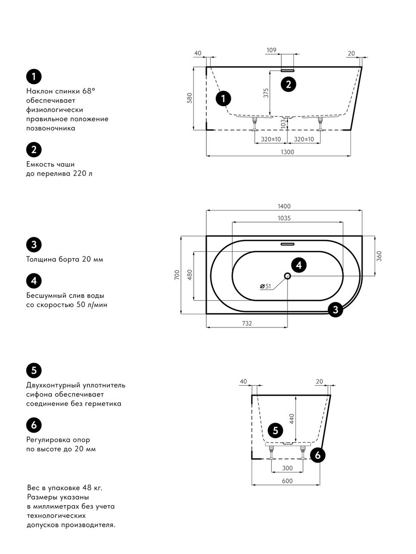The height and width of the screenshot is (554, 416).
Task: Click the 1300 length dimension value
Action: (x=287, y=152)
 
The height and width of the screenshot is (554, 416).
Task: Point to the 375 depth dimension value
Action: (x=266, y=93)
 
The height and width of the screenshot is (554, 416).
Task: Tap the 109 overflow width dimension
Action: (x=271, y=50)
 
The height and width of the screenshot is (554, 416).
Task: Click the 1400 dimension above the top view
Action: (x=284, y=206)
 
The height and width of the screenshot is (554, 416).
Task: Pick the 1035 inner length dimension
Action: (x=284, y=219)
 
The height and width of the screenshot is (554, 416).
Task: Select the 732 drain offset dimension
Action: (x=247, y=323)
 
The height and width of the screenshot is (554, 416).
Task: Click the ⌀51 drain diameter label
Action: (x=265, y=286)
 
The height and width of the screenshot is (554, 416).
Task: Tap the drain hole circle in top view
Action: (x=287, y=276)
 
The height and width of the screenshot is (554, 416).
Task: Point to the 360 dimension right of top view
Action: (x=379, y=255)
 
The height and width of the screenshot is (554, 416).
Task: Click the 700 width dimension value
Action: (x=177, y=274)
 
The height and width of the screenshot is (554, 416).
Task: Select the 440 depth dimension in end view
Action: (x=292, y=419)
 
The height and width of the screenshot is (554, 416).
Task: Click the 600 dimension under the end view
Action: (x=287, y=481)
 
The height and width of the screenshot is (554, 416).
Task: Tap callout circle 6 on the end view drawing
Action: (x=317, y=455)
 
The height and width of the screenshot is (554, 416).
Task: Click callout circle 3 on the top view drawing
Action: (x=335, y=310)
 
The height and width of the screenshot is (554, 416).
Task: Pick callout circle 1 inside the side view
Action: (x=223, y=98)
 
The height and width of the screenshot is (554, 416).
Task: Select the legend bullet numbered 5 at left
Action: (x=34, y=370)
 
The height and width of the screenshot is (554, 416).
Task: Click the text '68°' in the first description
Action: (x=89, y=91)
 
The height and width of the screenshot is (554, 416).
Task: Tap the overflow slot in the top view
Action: (x=287, y=244)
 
